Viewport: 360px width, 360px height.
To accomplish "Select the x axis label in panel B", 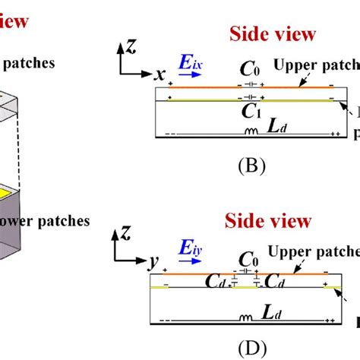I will (x=161, y=76).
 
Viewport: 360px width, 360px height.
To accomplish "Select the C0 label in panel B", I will (x=249, y=71).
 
